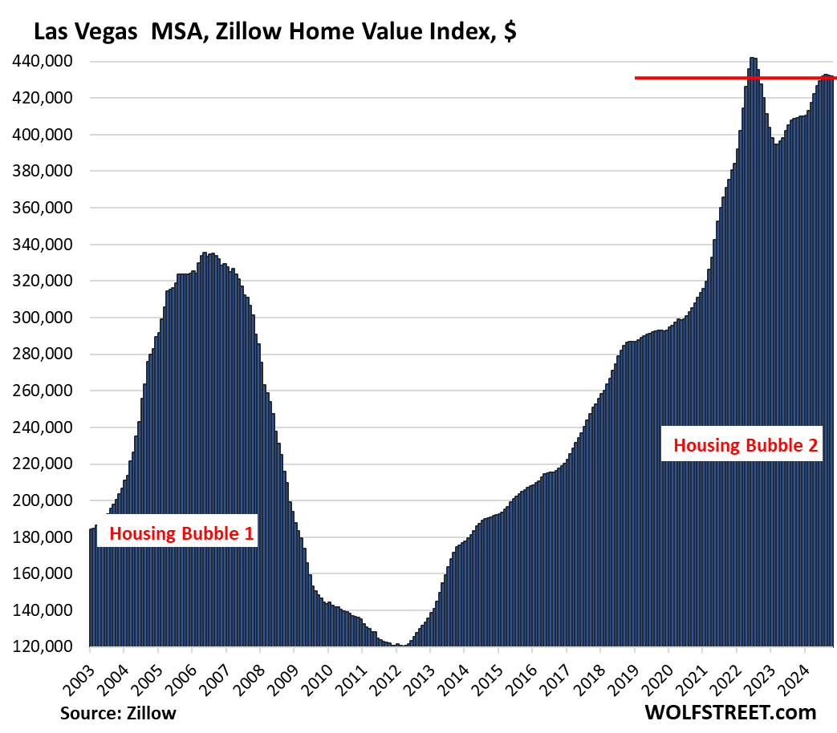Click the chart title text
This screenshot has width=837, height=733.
pyautogui.click(x=273, y=33)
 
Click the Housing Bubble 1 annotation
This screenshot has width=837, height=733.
pyautogui.click(x=177, y=533)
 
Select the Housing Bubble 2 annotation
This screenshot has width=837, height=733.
pyautogui.click(x=746, y=446)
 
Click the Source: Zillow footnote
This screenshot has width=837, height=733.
pyautogui.click(x=118, y=713)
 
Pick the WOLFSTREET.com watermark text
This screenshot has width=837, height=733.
pyautogui.click(x=729, y=712)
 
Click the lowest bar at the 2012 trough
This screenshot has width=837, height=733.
pyautogui.click(x=403, y=646)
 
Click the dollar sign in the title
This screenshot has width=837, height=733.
pyautogui.click(x=509, y=33)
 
